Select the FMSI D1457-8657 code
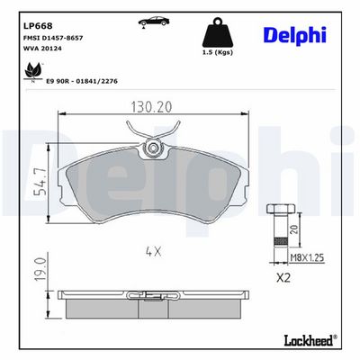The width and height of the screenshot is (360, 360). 53,38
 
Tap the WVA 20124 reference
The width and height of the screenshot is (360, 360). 42,49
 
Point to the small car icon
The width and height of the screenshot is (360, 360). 154,22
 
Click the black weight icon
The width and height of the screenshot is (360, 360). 218,32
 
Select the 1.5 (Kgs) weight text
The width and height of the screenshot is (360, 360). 218,52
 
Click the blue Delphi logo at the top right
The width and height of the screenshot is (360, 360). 296,35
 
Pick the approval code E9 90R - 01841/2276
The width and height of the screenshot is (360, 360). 82,81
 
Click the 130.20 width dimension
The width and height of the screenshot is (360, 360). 151,107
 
